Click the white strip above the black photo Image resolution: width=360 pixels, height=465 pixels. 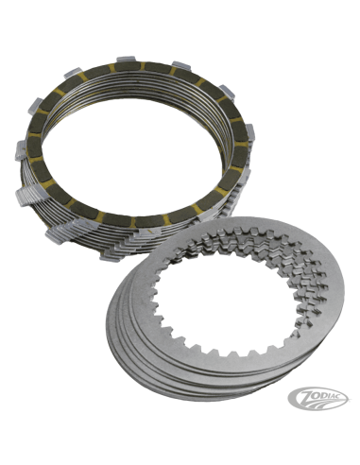pos(180,21)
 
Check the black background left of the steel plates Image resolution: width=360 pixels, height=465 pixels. pos(57,331)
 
